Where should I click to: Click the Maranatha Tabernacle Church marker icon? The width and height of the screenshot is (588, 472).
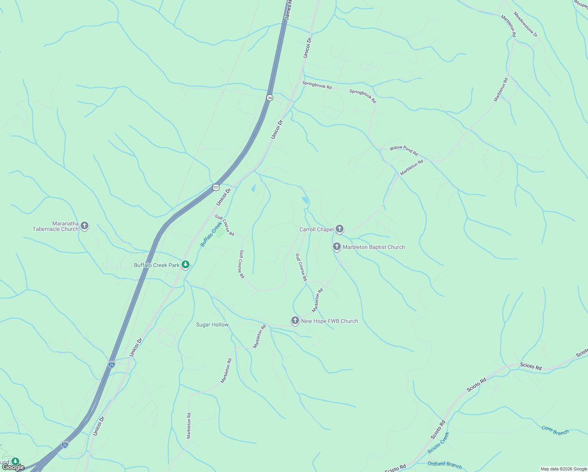(x=84, y=226)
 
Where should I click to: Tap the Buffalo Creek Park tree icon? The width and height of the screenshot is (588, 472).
(x=186, y=265)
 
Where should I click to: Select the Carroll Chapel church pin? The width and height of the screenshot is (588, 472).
(x=340, y=229)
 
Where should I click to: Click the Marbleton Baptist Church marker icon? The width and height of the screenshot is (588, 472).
(x=336, y=247)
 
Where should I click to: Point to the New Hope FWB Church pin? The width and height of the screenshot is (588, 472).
(x=295, y=321)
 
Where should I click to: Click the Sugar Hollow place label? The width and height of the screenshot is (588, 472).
(x=212, y=324)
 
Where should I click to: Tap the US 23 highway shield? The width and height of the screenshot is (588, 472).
(x=216, y=187)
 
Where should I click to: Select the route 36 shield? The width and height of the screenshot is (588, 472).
(x=270, y=98)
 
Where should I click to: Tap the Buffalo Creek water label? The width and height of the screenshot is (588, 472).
(x=211, y=234)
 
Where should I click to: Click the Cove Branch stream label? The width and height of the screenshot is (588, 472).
(x=555, y=430)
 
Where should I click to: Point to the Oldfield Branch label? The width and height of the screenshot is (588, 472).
(x=445, y=465)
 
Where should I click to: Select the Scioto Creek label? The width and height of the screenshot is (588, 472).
(x=438, y=442)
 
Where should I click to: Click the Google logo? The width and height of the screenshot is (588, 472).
(x=13, y=467)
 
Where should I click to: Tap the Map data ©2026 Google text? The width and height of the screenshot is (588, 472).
(x=564, y=469)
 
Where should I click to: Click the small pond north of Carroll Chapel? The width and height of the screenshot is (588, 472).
(x=305, y=200)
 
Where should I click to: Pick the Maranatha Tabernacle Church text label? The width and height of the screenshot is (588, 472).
(x=55, y=226)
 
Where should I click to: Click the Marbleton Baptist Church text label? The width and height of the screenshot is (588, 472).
(x=374, y=247)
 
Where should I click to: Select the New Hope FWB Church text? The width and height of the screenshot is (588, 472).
(x=329, y=321)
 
